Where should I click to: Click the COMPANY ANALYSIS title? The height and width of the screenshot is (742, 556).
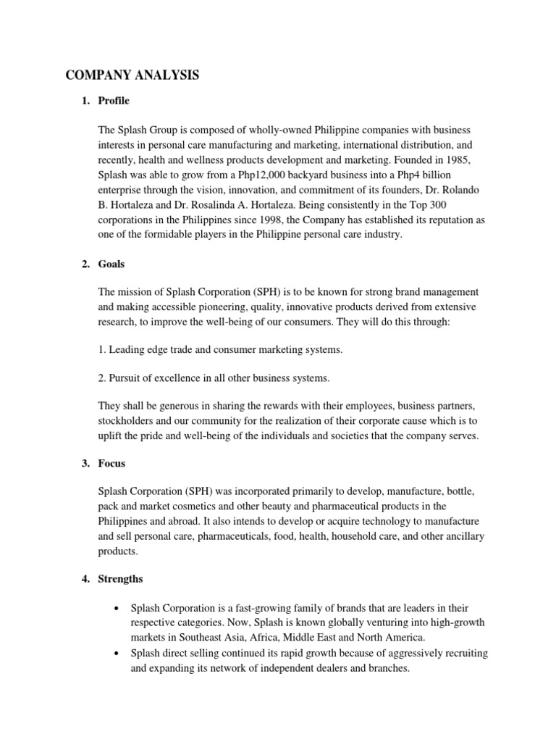click(x=134, y=75)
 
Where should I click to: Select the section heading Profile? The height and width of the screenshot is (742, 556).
click(x=114, y=101)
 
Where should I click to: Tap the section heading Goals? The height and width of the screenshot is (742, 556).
click(x=112, y=264)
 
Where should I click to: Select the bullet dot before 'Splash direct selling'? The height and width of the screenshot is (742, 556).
click(x=117, y=654)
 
